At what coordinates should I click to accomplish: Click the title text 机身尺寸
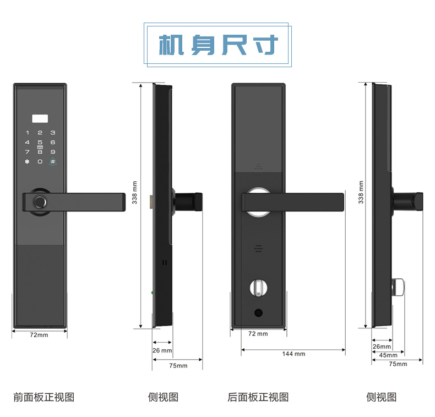point(218,45)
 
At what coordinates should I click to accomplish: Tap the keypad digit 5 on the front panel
point(40,142)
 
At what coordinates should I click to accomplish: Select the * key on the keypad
point(26,161)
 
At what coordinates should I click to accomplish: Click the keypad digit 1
point(26,133)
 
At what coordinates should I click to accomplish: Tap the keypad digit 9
point(53,151)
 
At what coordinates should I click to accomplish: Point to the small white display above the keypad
point(40,118)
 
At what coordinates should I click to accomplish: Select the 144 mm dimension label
point(293,354)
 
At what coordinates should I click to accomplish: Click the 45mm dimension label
point(388,355)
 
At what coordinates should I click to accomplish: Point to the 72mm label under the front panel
point(39,335)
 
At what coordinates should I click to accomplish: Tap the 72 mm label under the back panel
point(258,334)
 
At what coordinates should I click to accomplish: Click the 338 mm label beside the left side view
point(135,193)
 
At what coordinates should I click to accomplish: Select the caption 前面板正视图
point(44,397)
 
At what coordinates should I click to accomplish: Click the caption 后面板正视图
point(258,397)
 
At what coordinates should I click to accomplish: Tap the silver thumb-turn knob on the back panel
point(258,288)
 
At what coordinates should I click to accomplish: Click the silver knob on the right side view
point(398,286)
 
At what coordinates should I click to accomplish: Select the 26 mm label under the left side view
point(162,350)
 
